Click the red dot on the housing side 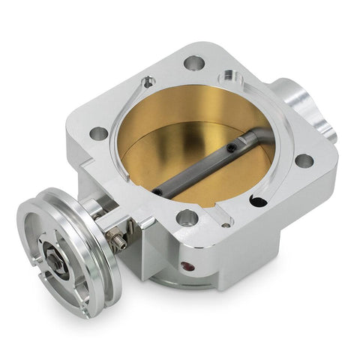[185, 265]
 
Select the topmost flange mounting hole [193, 63]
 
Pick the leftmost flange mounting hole [98, 133]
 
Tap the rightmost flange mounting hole [303, 160]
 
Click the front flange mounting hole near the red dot [187, 218]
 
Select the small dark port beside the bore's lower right [258, 201]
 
